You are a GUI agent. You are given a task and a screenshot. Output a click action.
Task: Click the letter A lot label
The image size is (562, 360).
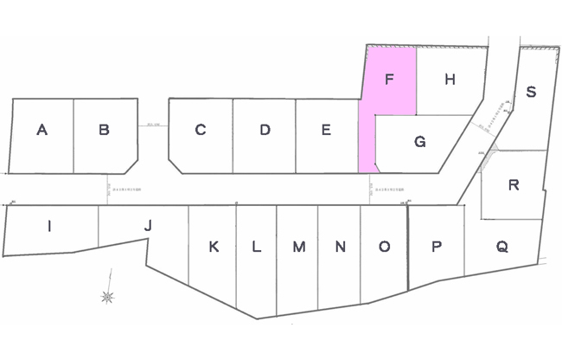42,131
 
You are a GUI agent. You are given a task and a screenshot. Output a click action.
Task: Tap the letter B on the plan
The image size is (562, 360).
104,131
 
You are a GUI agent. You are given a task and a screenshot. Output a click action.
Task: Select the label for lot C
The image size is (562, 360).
200,131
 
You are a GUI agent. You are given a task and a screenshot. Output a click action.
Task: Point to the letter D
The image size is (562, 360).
265,131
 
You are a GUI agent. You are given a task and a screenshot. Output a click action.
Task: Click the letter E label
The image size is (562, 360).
326,131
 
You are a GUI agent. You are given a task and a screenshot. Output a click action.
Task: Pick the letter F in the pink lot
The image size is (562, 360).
389,80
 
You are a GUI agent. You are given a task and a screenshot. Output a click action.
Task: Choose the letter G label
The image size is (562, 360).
419,142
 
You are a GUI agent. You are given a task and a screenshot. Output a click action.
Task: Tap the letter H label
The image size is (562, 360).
449,80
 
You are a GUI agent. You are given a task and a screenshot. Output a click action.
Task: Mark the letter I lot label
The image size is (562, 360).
49,227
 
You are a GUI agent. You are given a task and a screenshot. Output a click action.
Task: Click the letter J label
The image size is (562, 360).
148,226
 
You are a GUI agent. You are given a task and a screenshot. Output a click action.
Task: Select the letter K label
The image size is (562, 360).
214,247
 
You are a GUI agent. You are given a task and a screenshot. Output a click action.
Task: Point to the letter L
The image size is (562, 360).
256,247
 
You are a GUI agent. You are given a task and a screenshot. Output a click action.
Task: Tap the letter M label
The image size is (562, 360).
298,247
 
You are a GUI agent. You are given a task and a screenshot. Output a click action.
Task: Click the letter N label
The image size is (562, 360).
341,247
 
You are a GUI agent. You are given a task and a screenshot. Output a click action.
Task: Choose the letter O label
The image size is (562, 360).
384,247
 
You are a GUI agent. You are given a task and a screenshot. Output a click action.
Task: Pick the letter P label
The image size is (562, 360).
437,247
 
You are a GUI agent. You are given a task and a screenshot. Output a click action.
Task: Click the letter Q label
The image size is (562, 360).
501,247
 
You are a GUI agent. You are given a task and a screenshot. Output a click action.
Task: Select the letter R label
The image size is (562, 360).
514,185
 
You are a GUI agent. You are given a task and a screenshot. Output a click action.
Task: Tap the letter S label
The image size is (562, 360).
531,92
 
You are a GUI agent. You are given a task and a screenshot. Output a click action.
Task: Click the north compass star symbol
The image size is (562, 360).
107,297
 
